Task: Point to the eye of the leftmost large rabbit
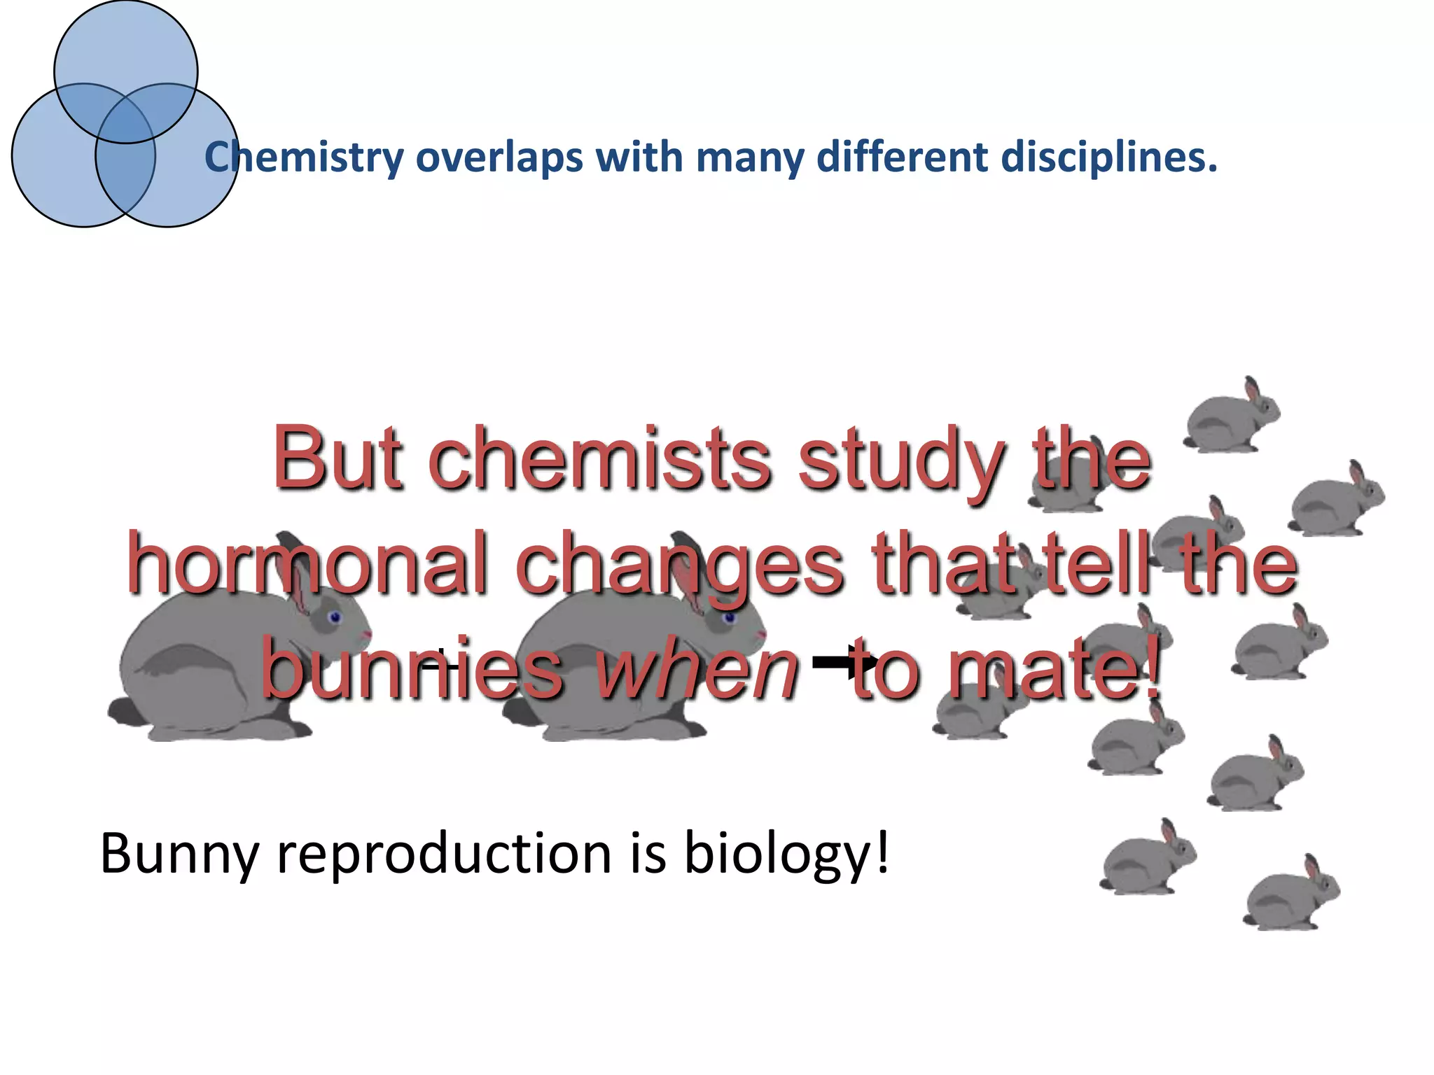pos(334,617)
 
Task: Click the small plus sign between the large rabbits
pos(440,661)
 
